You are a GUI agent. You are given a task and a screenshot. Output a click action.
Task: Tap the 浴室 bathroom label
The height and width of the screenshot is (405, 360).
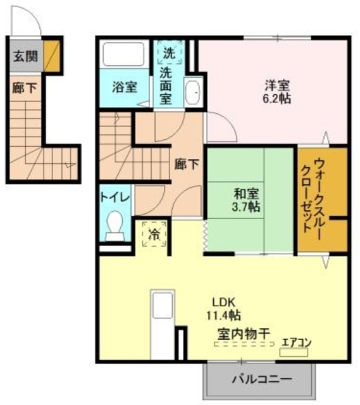click(125, 87)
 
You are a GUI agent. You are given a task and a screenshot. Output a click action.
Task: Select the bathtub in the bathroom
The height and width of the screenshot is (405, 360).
click(125, 55)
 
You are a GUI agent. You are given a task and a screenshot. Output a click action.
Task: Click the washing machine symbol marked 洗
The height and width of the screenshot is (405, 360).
click(168, 53)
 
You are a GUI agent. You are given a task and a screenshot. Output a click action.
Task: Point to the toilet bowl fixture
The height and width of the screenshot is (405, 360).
click(116, 225)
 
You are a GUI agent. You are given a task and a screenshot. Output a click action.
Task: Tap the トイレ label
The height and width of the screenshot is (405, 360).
click(115, 196)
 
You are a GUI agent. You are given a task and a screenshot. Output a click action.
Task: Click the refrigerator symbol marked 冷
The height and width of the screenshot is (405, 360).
click(154, 234)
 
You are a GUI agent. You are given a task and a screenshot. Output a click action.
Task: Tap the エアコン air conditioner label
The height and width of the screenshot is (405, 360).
click(296, 342)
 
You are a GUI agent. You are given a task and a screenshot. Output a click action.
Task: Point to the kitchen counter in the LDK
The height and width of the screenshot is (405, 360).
click(161, 323)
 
